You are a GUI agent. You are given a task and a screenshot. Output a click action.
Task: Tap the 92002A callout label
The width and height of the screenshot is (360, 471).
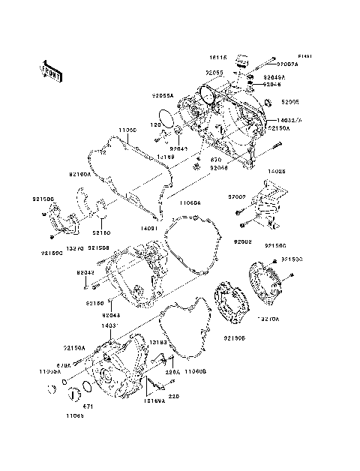click(287, 65)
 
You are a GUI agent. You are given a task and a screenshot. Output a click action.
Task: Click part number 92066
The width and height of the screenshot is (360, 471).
click(219, 168)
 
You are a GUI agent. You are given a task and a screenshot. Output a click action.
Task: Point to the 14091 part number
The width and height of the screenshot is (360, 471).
click(148, 227)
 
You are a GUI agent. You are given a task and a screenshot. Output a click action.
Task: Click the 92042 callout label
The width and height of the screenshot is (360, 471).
click(85, 273)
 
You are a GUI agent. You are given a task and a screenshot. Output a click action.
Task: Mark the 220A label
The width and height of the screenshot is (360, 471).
click(172, 370)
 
